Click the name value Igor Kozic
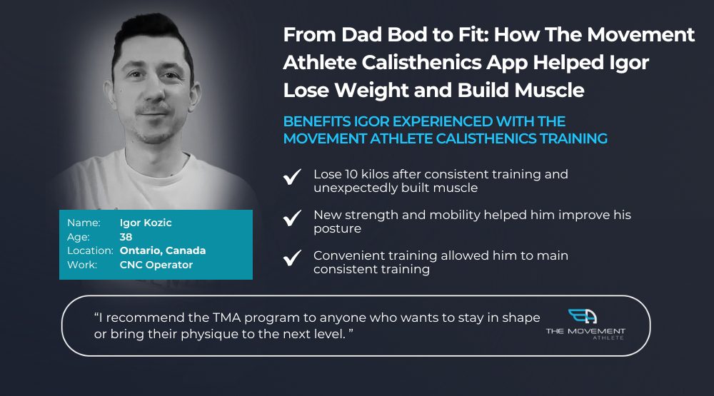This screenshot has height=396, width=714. click(x=146, y=223)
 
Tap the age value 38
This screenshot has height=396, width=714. click(x=126, y=237)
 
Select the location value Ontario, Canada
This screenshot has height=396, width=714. click(x=163, y=251)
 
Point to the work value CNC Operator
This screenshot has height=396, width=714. click(x=156, y=265)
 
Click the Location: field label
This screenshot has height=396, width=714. click(x=90, y=251)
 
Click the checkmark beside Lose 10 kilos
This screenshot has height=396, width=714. click(x=292, y=177)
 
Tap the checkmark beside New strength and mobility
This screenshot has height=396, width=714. click(x=292, y=218)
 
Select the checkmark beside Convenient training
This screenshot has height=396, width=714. click(x=292, y=258)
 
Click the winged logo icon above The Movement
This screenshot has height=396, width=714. click(x=583, y=316)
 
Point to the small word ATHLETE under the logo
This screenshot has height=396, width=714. click(x=608, y=337)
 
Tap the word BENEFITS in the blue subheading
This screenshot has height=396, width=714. click(x=317, y=121)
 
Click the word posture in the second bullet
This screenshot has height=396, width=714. click(x=338, y=229)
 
